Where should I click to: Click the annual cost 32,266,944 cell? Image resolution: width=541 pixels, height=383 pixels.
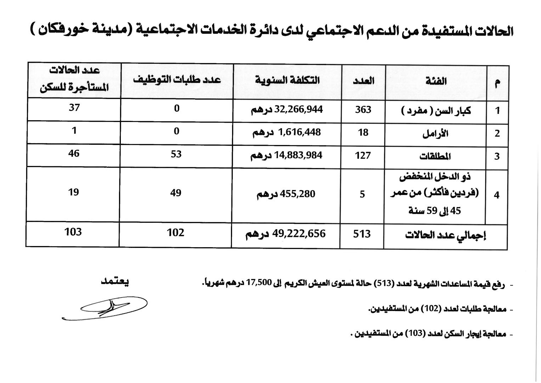tap(287, 110)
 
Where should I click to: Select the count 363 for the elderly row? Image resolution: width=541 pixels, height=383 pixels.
tap(363, 110)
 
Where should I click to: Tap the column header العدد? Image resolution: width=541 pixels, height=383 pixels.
tap(364, 81)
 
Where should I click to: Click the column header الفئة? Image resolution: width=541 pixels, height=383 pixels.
tap(436, 82)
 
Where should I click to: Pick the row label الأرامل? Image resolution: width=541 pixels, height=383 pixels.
tap(435, 134)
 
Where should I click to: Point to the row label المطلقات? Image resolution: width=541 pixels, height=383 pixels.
tap(435, 156)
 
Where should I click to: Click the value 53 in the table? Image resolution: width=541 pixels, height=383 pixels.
tap(176, 154)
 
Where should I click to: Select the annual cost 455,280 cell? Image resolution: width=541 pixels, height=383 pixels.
tap(286, 194)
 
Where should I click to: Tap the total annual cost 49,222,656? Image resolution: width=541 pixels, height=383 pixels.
tap(286, 234)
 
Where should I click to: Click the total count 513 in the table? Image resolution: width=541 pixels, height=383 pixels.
tap(362, 234)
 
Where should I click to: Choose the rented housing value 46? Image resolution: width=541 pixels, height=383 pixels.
tap(74, 154)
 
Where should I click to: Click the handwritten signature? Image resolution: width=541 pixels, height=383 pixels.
tap(106, 308)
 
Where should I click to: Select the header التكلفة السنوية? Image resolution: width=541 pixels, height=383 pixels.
tap(287, 81)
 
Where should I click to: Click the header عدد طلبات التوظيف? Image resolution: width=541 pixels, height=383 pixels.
tap(177, 79)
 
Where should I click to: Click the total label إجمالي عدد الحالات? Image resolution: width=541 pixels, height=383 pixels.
tap(445, 235)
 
